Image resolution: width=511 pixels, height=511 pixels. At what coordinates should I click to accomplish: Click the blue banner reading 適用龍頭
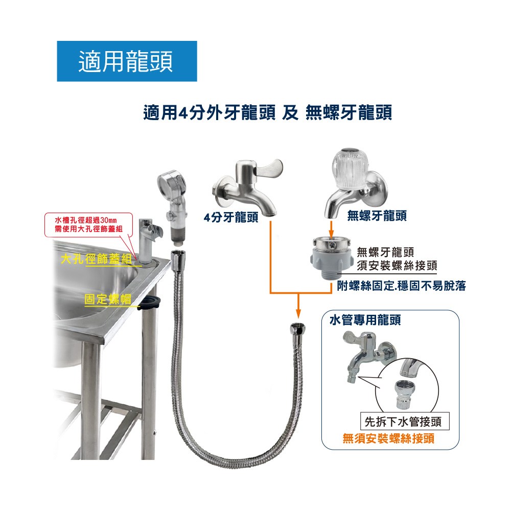pos(127,61)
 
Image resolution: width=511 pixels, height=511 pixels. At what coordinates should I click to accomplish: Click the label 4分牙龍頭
pos(231,217)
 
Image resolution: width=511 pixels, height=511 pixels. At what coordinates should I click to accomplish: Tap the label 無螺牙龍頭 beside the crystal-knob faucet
pos(377,216)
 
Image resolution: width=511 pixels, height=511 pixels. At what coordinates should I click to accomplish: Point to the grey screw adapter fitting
pos(332,258)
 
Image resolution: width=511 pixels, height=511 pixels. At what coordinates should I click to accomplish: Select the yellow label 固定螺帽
pos(107,299)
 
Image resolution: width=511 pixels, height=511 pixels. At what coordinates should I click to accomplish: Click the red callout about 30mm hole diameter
pos(88,224)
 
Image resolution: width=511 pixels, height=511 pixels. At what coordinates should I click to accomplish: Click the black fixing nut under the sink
pos(151,302)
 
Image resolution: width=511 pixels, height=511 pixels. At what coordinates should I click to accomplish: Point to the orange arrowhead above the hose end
pos(298,314)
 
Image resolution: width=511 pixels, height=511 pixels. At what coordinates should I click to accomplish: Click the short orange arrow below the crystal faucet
pos(331,229)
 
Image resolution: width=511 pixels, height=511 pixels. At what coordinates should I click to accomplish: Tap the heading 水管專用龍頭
pos(365,320)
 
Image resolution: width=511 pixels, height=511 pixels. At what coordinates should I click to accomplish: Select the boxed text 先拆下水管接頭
pos(403,422)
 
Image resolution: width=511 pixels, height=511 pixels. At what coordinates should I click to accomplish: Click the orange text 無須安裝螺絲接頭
pos(388,438)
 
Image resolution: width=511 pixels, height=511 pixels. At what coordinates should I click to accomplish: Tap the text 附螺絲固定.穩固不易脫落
pos(401,286)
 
